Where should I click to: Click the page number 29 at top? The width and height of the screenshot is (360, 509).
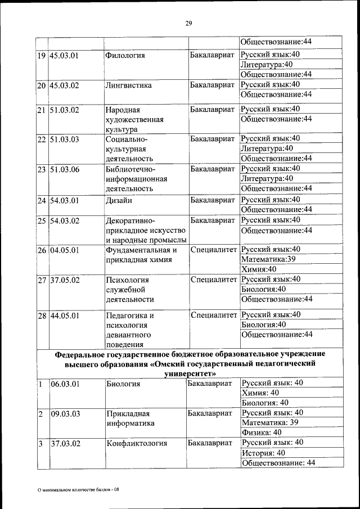188,23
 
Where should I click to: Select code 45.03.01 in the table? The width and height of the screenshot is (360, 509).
65,55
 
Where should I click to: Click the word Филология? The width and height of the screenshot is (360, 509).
125,55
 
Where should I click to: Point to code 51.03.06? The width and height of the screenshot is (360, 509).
65,169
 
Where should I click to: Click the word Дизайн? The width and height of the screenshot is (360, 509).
119,200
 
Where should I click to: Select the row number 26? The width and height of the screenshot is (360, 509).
42,250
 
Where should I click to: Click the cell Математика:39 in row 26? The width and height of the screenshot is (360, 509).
268,259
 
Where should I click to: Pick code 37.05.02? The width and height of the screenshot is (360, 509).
65,280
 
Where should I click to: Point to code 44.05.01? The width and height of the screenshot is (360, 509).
65,316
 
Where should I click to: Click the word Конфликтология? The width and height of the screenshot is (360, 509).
137,443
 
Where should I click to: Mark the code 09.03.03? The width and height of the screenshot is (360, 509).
65,414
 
